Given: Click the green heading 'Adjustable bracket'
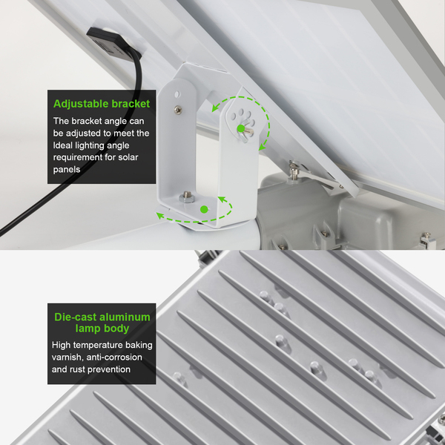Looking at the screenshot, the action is click(102, 104).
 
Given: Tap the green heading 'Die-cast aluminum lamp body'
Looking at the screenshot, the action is click(102, 323).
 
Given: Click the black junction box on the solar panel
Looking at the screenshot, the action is click(113, 42).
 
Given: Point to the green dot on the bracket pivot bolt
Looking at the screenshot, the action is click(240, 128).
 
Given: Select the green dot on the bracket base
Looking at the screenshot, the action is click(204, 209).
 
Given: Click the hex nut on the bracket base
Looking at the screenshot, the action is click(186, 197).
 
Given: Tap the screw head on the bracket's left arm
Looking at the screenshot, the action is click(178, 109).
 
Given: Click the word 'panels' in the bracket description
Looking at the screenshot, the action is click(67, 170).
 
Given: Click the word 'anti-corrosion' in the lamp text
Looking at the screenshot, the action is click(114, 357).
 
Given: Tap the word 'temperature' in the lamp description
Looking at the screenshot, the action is click(100, 345).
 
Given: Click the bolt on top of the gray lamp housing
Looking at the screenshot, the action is click(293, 171).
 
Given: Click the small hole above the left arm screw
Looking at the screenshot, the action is click(177, 93).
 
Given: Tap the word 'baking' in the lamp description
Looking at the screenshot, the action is click(139, 346).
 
